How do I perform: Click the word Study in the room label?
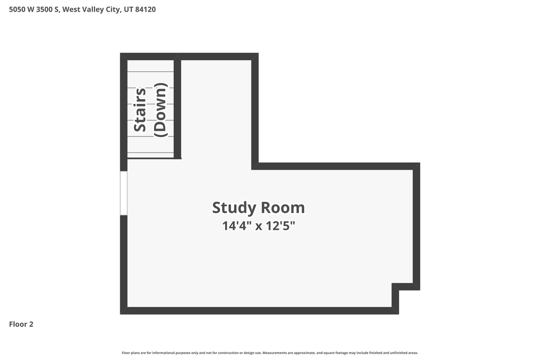(234, 208)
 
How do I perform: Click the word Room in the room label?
(283, 208)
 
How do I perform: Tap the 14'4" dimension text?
(236, 226)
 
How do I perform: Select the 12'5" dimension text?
(281, 226)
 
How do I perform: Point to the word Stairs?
(140, 110)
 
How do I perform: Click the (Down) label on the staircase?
(160, 110)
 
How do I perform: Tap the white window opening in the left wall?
(123, 193)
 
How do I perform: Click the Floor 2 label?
(21, 324)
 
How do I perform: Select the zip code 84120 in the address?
(146, 9)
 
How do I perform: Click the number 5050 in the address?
(17, 9)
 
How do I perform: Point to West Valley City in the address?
(92, 9)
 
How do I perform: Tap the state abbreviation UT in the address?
(129, 9)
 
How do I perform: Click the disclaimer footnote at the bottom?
(270, 353)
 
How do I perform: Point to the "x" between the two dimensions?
(258, 227)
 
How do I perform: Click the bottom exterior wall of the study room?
(259, 311)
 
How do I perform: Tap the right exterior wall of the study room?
(417, 227)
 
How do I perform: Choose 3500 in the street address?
(44, 9)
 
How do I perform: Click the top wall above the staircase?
(149, 56)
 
